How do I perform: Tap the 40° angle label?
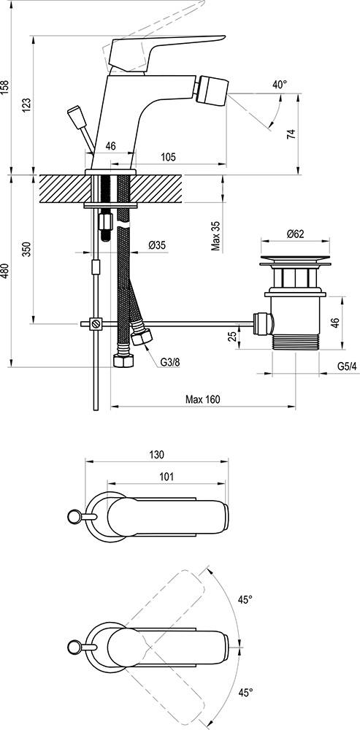(x=279, y=85)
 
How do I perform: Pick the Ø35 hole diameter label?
(x=156, y=245)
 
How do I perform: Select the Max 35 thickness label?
(x=216, y=235)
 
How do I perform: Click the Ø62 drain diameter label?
(x=295, y=234)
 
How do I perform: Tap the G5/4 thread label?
(x=347, y=366)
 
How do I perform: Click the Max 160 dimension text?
(x=202, y=399)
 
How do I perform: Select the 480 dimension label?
(x=5, y=272)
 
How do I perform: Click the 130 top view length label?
(x=156, y=454)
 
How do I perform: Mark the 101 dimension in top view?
(x=166, y=477)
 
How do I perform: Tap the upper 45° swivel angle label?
(x=245, y=599)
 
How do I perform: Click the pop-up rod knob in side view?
(x=76, y=116)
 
